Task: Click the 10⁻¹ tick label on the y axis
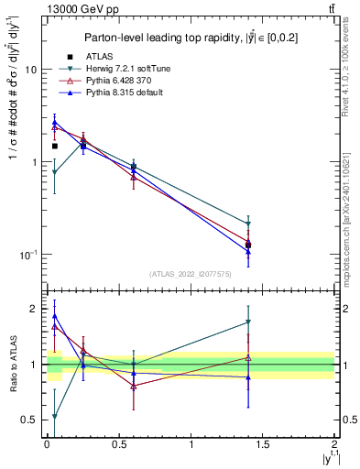28,254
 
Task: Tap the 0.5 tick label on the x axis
118,443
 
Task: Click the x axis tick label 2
334,443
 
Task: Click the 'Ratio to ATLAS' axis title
13,365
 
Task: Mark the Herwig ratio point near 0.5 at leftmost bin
55,417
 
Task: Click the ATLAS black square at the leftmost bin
55,146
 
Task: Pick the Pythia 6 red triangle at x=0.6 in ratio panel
134,386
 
